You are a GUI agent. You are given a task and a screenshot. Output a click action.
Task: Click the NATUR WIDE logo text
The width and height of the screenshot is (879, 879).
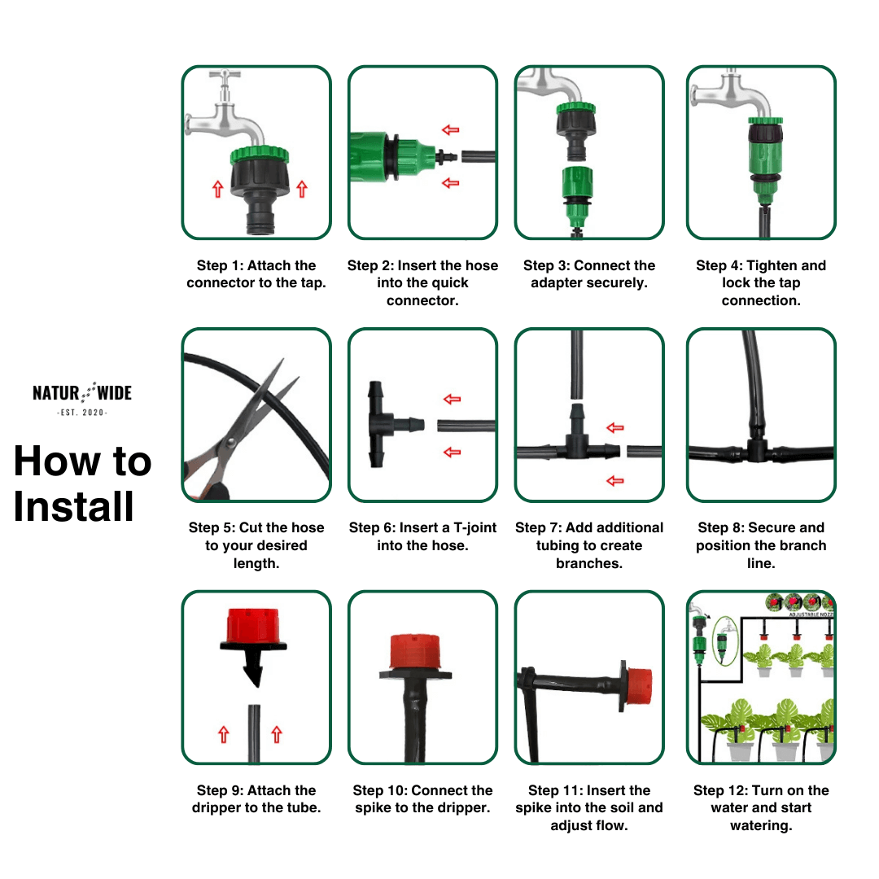click(81, 394)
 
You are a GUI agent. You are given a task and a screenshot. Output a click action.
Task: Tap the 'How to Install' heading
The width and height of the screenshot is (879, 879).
click(81, 483)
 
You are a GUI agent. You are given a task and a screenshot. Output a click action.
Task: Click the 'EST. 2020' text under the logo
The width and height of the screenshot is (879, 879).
click(81, 413)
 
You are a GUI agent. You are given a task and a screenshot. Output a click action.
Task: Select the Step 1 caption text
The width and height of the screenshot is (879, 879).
click(256, 274)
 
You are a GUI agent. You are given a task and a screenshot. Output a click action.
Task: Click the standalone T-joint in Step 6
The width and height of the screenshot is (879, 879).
click(386, 423)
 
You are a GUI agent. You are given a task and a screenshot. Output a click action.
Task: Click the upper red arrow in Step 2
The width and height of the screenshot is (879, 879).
click(450, 129)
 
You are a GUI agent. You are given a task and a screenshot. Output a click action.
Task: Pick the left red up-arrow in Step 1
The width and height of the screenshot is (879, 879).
click(217, 189)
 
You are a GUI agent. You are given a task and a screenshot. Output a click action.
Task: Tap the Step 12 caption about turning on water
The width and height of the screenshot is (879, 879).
click(760, 807)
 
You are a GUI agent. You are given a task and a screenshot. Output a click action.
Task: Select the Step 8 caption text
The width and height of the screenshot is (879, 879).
click(760, 545)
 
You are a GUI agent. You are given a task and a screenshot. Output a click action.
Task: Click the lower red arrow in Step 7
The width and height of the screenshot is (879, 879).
click(615, 481)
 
